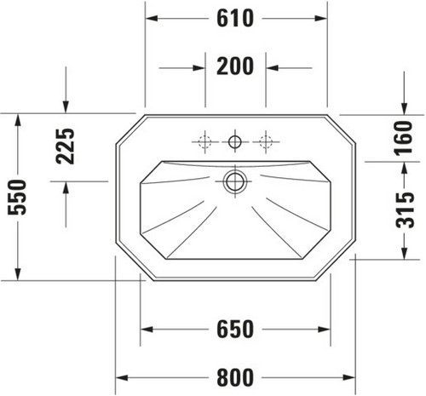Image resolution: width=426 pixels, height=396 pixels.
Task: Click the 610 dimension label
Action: [235, 19]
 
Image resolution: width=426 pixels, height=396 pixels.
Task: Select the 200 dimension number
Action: [235, 66]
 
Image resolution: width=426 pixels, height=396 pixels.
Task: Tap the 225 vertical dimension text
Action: [65, 146]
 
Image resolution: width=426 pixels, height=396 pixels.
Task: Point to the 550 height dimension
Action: [17, 197]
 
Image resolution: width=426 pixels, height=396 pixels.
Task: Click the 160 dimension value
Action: [404, 138]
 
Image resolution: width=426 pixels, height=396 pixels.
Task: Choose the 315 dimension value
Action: [405, 210]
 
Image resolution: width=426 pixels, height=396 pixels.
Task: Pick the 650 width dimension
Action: [235, 330]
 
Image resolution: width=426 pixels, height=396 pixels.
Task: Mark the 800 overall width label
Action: [235, 377]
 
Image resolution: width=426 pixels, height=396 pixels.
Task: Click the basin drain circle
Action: [235, 181]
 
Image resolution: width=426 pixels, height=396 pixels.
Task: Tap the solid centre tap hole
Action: [235, 141]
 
